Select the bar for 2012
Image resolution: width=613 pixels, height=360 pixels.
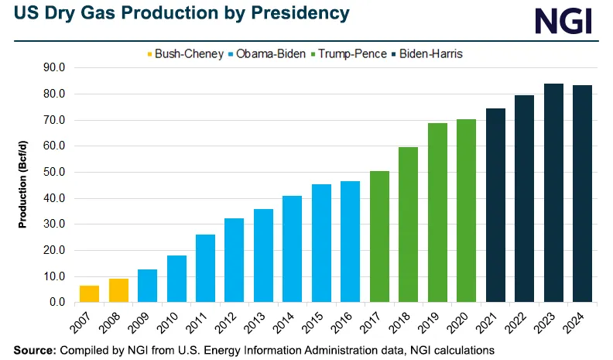[234, 260]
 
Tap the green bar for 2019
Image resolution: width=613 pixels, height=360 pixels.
[437, 212]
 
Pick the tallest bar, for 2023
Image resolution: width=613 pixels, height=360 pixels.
[553, 193]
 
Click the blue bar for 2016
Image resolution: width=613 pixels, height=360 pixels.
[350, 242]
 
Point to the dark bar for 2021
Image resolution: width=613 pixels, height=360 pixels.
[495, 205]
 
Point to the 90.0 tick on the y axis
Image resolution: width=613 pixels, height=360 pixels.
[55, 68]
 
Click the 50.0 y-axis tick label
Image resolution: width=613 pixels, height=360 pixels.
[55, 173]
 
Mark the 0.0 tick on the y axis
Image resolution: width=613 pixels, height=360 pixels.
[58, 303]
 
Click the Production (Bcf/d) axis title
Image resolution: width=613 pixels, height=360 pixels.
[23, 185]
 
